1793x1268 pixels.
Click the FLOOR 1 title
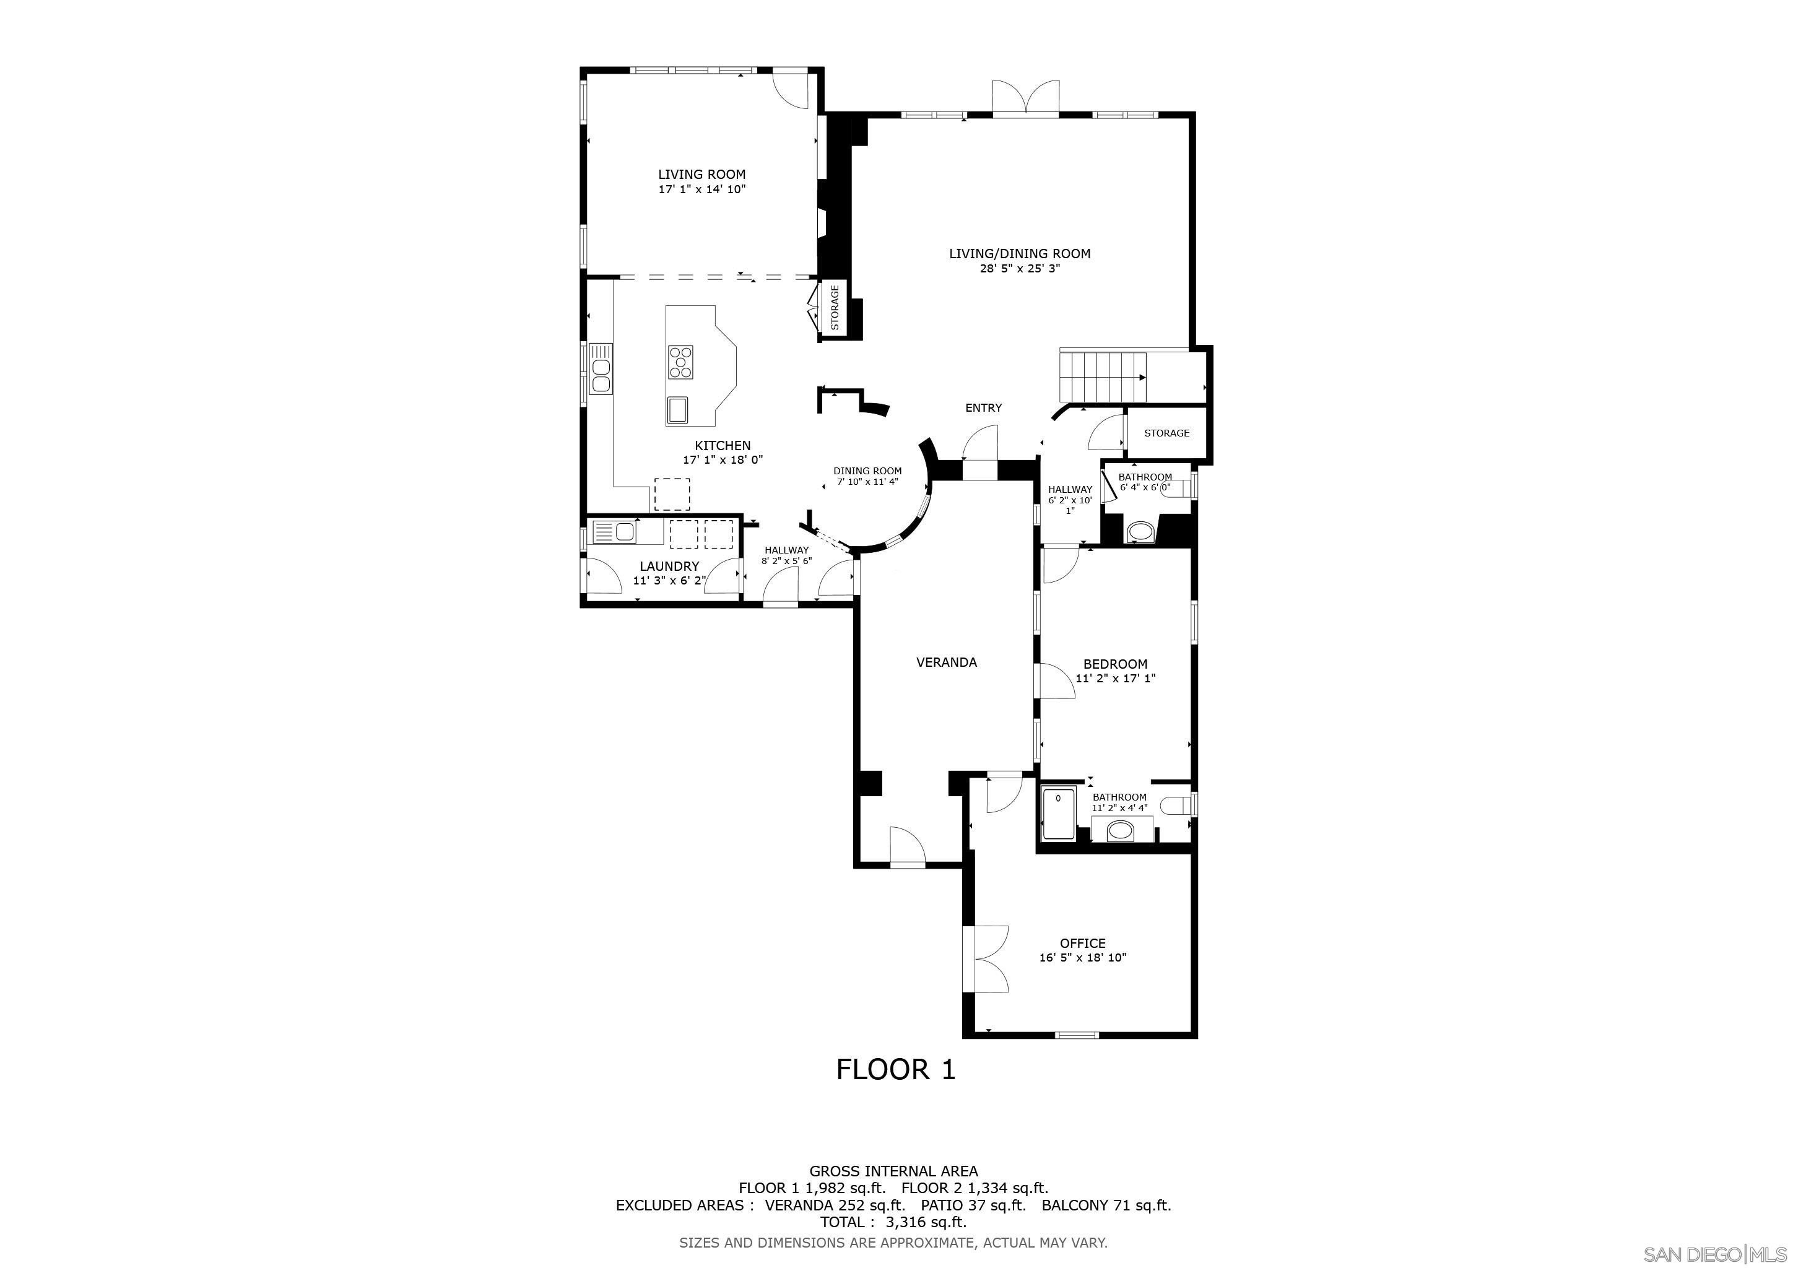pyautogui.click(x=896, y=1069)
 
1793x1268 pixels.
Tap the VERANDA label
pyautogui.click(x=947, y=662)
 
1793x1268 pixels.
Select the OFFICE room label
pyautogui.click(x=1082, y=943)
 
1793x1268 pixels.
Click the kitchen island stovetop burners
pyautogui.click(x=680, y=362)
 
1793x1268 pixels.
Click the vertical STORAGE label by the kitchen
pyautogui.click(x=835, y=307)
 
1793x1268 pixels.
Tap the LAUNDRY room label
pyautogui.click(x=669, y=566)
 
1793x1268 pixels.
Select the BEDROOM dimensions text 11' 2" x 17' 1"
pyautogui.click(x=1115, y=679)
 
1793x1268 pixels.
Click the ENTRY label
pyautogui.click(x=983, y=407)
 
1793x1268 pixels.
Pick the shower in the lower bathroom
pyautogui.click(x=1058, y=814)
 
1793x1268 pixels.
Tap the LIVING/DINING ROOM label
pyautogui.click(x=1020, y=253)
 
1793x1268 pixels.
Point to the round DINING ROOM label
pyautogui.click(x=867, y=471)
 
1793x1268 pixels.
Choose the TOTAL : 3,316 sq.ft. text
pyautogui.click(x=893, y=1222)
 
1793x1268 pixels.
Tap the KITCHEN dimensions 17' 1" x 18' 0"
pyautogui.click(x=723, y=460)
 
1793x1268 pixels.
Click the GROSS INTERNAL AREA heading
pyautogui.click(x=893, y=1171)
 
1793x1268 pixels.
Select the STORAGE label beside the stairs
pyautogui.click(x=1166, y=433)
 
